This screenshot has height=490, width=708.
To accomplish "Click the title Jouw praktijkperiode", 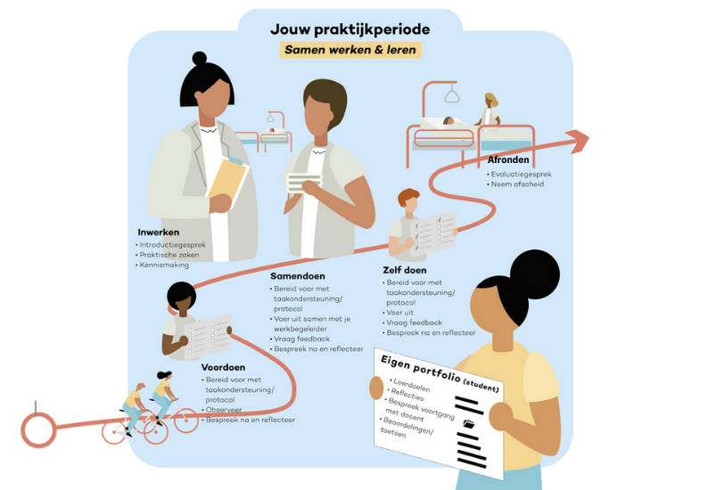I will [350, 29].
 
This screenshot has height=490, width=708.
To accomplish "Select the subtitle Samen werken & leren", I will [350, 51].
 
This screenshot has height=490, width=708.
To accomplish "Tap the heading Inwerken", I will [159, 233].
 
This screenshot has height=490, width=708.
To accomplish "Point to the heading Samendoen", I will [298, 276].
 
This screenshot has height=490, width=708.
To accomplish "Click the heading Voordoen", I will [223, 367].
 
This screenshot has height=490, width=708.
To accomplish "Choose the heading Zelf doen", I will [406, 270].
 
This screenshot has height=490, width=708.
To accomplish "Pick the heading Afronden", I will [508, 160].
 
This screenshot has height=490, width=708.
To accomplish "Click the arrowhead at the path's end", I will [578, 141].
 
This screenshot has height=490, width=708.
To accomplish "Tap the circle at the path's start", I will [38, 431].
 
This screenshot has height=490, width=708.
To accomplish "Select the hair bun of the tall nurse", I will [199, 58].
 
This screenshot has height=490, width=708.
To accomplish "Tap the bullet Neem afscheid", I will [517, 184].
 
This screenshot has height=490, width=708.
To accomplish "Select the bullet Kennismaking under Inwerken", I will [165, 265].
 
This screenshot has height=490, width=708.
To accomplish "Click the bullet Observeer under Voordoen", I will [225, 409].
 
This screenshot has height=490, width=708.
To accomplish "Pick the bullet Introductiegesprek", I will [176, 244].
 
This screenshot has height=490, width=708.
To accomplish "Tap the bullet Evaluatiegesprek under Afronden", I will [523, 174].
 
